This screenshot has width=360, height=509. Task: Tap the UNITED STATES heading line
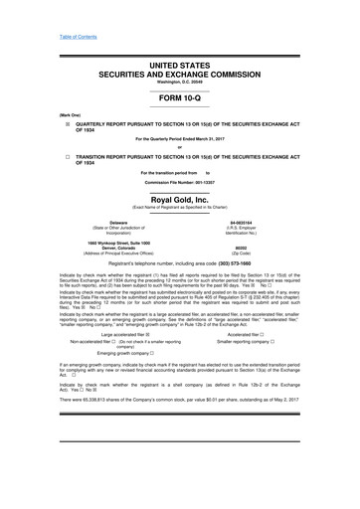tap(180, 64)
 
